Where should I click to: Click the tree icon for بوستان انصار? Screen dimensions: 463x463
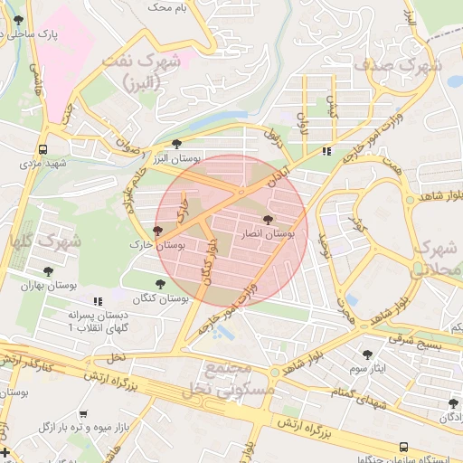tap(267, 220)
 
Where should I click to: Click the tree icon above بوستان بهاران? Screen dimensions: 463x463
tap(48, 271)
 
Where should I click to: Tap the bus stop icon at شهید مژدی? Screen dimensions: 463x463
tap(43, 150)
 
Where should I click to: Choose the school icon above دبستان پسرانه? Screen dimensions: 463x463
tap(98, 300)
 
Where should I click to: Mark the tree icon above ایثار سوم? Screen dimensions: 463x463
tap(367, 354)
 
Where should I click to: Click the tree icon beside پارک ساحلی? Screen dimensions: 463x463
tap(18, 20)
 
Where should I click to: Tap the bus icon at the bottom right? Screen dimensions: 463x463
tap(402, 447)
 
